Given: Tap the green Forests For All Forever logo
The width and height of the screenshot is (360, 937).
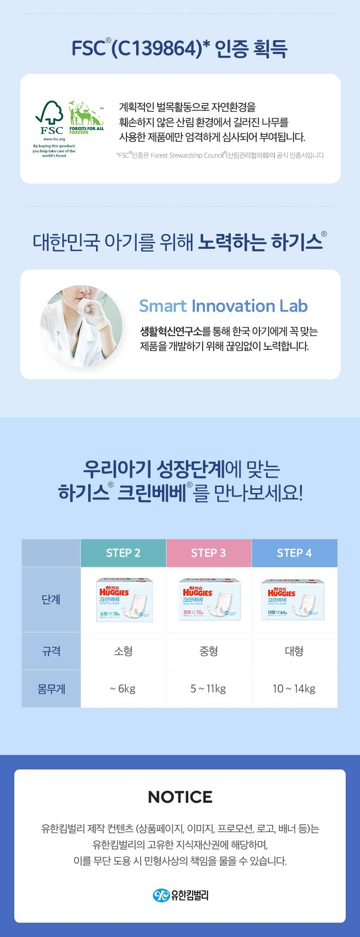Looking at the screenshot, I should pyautogui.click(x=86, y=118).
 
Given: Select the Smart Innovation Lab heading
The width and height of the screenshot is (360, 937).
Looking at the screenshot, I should pyautogui.click(x=223, y=306).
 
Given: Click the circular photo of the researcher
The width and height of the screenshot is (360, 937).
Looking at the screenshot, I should pyautogui.click(x=81, y=325).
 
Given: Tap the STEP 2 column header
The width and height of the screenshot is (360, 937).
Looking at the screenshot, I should pyautogui.click(x=123, y=553).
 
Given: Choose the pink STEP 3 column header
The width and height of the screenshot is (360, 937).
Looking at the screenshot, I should pyautogui.click(x=209, y=553).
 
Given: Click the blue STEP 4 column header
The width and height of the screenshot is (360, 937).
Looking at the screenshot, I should pyautogui.click(x=294, y=553).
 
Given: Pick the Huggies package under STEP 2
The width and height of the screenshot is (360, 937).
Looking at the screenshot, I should pyautogui.click(x=124, y=600).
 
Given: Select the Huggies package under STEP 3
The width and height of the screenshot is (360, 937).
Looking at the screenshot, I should pyautogui.click(x=209, y=600).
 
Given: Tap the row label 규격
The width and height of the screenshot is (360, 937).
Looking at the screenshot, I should pyautogui.click(x=51, y=651).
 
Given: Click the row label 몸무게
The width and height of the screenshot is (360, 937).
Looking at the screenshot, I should pyautogui.click(x=51, y=689).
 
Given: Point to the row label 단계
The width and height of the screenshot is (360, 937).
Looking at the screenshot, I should pyautogui.click(x=51, y=600).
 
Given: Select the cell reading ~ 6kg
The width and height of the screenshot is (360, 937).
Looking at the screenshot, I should pyautogui.click(x=123, y=689).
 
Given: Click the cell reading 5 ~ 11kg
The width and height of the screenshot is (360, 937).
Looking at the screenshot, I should pyautogui.click(x=209, y=689).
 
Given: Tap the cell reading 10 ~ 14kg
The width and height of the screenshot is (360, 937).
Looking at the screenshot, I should pyautogui.click(x=294, y=689).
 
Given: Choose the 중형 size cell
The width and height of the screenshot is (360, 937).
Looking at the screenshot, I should pyautogui.click(x=209, y=651).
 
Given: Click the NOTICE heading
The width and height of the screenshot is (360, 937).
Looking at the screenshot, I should pyautogui.click(x=180, y=797).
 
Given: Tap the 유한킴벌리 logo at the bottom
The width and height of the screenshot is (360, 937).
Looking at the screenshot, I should pyautogui.click(x=180, y=895).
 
